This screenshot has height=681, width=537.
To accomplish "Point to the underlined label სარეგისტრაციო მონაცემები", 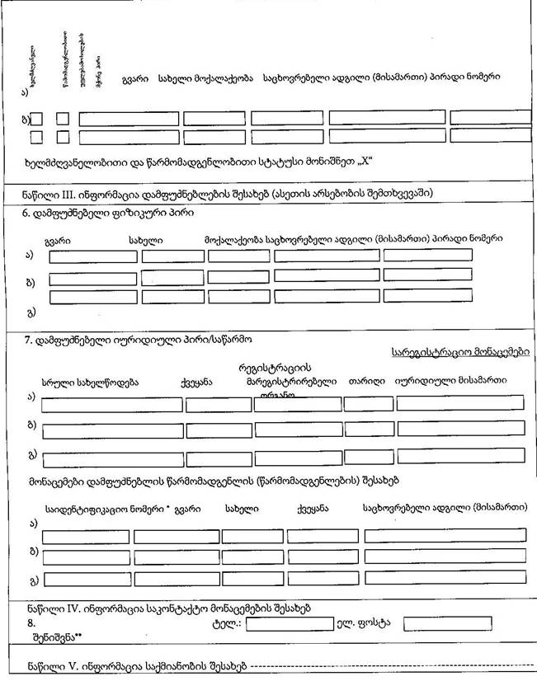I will point(460,351).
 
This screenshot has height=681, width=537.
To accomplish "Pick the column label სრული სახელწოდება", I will point(90,382).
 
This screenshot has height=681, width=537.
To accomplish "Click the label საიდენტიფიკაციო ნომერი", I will point(107,509).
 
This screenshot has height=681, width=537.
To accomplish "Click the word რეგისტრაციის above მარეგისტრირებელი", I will point(272,367).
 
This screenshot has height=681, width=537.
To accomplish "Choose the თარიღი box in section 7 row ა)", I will point(369,404).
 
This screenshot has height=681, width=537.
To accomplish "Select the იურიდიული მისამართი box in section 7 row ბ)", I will point(461,429).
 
